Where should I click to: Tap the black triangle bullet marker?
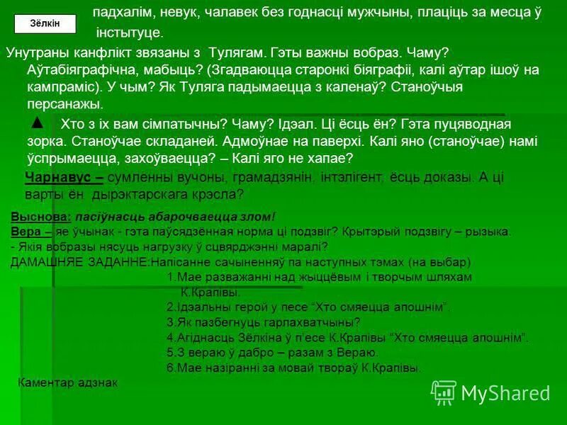[38, 123]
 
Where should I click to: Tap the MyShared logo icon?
[444, 392]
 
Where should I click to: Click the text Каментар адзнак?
[67, 382]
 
